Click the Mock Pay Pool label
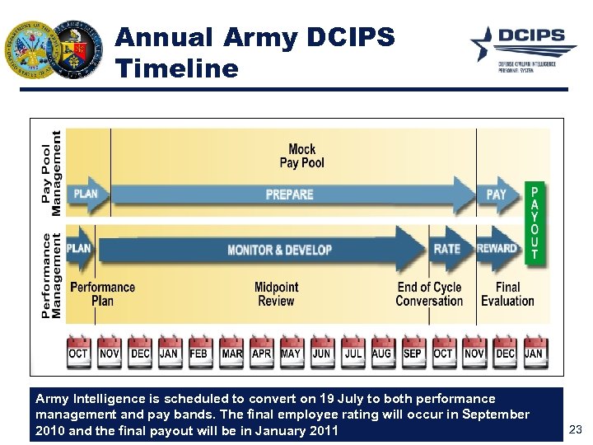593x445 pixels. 301,156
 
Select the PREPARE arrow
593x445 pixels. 288,194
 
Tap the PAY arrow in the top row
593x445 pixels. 497,194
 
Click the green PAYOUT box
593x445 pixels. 535,222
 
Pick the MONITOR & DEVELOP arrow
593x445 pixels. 280,249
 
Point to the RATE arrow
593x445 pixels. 448,248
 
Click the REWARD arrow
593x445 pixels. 497,248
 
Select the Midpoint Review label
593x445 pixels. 276,294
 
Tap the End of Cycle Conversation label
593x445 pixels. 429,294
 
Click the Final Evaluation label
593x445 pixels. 507,294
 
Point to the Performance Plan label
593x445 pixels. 102,294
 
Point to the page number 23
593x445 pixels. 576,429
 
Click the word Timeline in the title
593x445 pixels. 177,68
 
